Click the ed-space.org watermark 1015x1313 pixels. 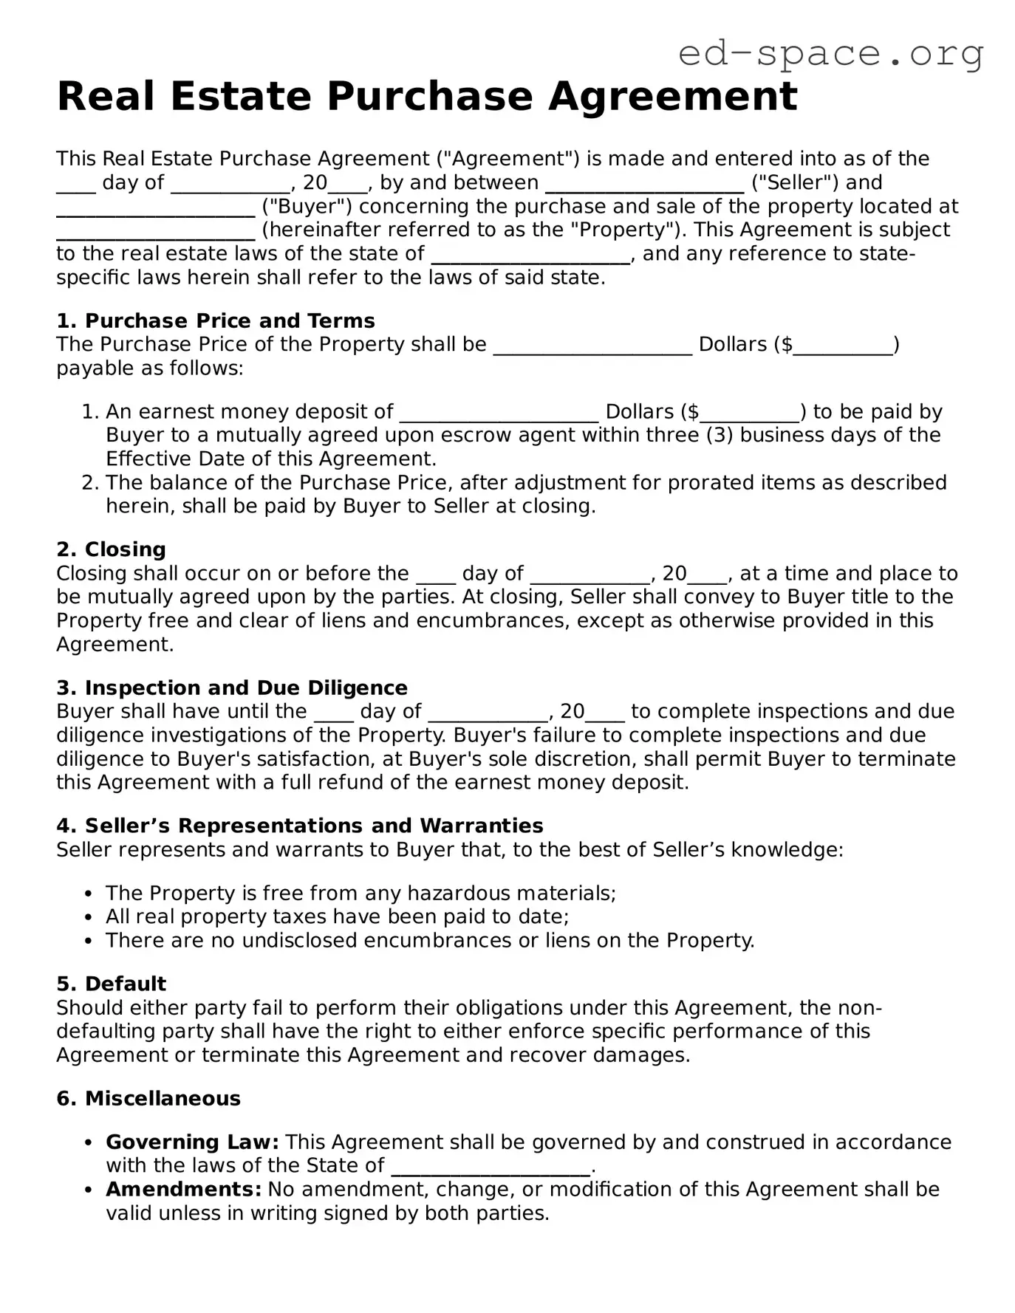tap(830, 53)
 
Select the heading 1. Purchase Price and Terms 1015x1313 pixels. tap(216, 320)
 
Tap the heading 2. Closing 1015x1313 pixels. tap(111, 549)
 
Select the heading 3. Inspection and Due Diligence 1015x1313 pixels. tap(232, 688)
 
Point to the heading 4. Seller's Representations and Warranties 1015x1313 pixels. tap(299, 826)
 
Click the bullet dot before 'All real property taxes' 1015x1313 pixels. tap(89, 918)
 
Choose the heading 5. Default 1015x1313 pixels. tap(112, 984)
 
